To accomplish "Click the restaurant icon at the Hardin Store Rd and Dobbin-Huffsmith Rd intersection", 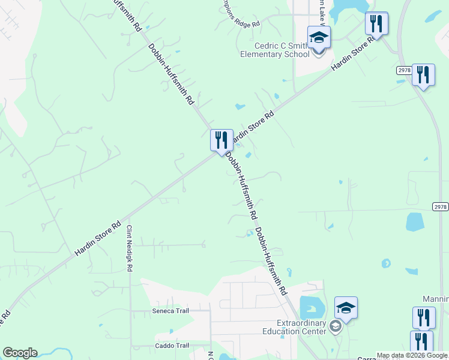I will click(x=221, y=140).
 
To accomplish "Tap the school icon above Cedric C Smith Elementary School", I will click(x=319, y=38).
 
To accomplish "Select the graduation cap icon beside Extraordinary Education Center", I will click(x=346, y=308).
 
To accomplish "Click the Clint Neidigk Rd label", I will click(x=129, y=248).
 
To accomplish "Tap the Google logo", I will click(x=20, y=353).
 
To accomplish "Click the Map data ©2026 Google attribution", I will click(x=412, y=356).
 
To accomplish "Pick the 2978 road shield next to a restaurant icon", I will click(x=403, y=71).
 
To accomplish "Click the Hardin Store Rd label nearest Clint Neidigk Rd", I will click(x=101, y=238).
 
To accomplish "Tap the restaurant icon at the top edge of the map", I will click(x=376, y=23).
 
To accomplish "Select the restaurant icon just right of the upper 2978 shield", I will click(x=423, y=76).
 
